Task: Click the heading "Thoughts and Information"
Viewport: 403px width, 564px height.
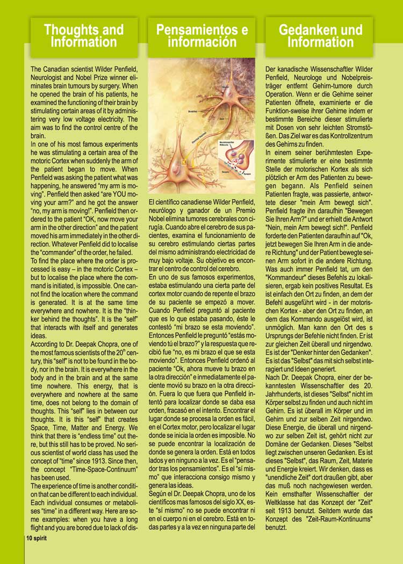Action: (84, 36)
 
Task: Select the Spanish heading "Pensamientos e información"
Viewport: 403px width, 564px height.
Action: (201, 36)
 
